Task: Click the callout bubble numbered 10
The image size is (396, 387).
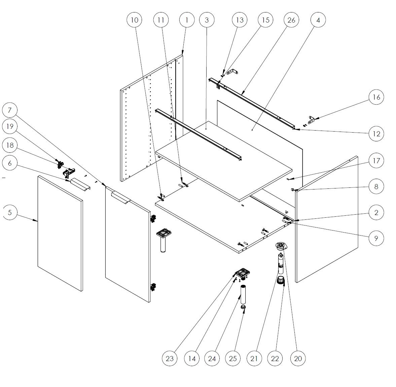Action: (x=134, y=20)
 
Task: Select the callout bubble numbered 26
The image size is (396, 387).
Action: (x=291, y=20)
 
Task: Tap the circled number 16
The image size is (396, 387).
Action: (x=376, y=97)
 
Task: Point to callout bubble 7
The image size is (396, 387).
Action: (x=10, y=110)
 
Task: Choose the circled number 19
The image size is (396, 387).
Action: (x=10, y=127)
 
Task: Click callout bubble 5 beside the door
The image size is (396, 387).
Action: (x=10, y=213)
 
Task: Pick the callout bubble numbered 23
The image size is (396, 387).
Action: (x=170, y=358)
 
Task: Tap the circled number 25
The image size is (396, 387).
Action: (x=233, y=358)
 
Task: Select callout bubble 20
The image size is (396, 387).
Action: (x=298, y=358)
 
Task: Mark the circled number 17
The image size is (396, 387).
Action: (x=376, y=161)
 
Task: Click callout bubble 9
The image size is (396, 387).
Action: (x=376, y=238)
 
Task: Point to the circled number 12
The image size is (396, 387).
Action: (x=376, y=134)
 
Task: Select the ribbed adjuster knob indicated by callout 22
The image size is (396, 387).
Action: (x=281, y=280)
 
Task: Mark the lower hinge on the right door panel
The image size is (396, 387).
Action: (x=153, y=287)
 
